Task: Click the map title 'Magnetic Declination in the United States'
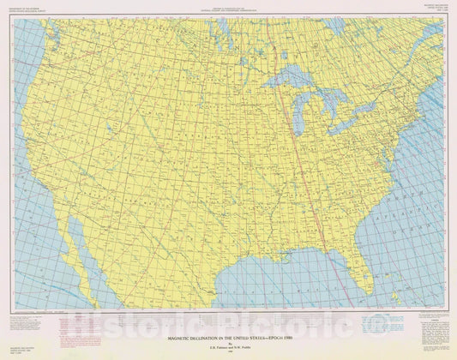pyautogui.click(x=228, y=316)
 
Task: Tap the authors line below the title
pyautogui.click(x=228, y=324)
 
